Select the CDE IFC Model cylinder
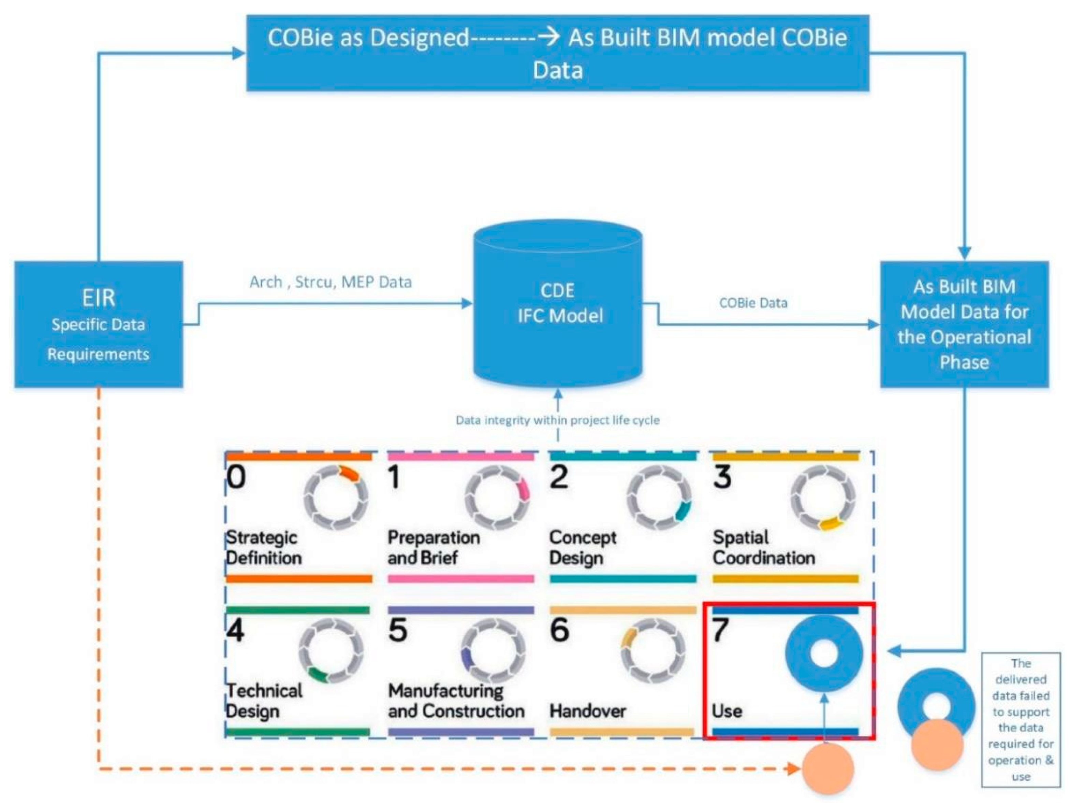coord(558,304)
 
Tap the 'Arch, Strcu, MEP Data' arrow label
coord(331,282)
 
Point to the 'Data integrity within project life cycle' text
coord(558,420)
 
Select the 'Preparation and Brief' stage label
coord(434,548)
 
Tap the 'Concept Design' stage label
coord(583,548)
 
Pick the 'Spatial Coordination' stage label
coord(764,548)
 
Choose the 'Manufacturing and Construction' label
coord(456,701)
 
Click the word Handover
coord(588,711)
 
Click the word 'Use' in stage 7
coord(727,711)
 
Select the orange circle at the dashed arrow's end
coord(827,769)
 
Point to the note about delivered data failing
coord(1021,720)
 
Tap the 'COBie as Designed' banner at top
coord(558,53)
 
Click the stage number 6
coord(560,630)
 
